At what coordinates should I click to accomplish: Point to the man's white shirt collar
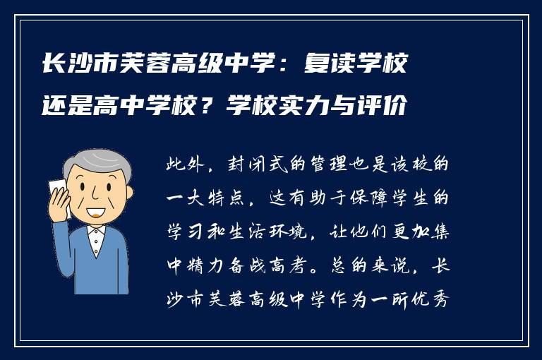[x=96, y=232]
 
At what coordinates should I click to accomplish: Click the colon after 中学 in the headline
[x=284, y=68]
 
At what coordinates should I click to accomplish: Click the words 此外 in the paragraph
[x=183, y=166]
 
